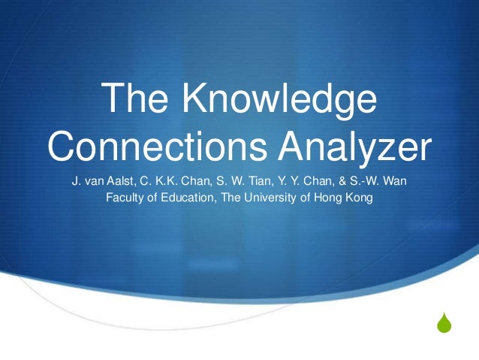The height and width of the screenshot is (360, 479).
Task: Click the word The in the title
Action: [x=132, y=101]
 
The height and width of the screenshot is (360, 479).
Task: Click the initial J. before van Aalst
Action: [x=76, y=183]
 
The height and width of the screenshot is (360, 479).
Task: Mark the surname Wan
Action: [x=394, y=183]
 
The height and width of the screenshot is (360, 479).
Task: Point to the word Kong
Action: [x=358, y=199]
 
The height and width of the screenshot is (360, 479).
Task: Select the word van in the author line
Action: [x=92, y=183]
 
